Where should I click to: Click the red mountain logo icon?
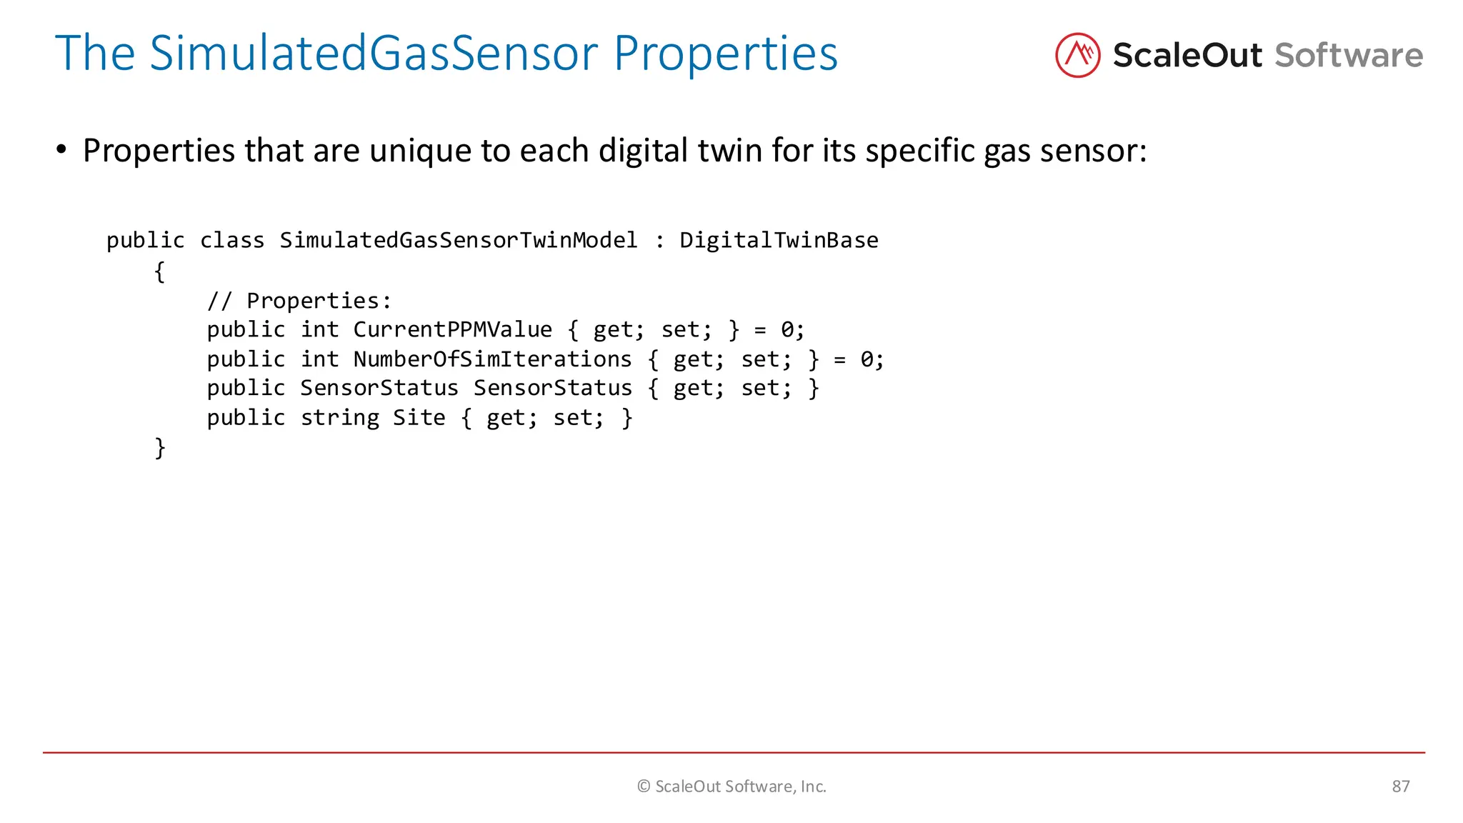pyautogui.click(x=1077, y=55)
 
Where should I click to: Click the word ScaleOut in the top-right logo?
pyautogui.click(x=1187, y=56)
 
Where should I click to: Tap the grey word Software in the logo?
pyautogui.click(x=1349, y=56)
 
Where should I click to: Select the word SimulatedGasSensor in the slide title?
pyautogui.click(x=374, y=53)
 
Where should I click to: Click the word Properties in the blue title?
pyautogui.click(x=725, y=53)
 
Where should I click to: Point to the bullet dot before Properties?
pyautogui.click(x=61, y=150)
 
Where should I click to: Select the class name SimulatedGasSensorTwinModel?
pyautogui.click(x=459, y=240)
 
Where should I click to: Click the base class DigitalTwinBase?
pyautogui.click(x=779, y=240)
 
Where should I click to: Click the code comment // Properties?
pyautogui.click(x=299, y=301)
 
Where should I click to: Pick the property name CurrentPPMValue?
pyautogui.click(x=452, y=329)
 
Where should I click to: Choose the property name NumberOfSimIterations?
pyautogui.click(x=492, y=359)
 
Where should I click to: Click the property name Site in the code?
pyautogui.click(x=419, y=417)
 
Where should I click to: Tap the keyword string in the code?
pyautogui.click(x=339, y=417)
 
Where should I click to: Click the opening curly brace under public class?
pyautogui.click(x=160, y=271)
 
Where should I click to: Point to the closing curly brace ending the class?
pyautogui.click(x=160, y=448)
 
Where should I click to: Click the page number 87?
pyautogui.click(x=1400, y=787)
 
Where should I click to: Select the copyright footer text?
pyautogui.click(x=731, y=787)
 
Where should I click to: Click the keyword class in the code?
pyautogui.click(x=232, y=240)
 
